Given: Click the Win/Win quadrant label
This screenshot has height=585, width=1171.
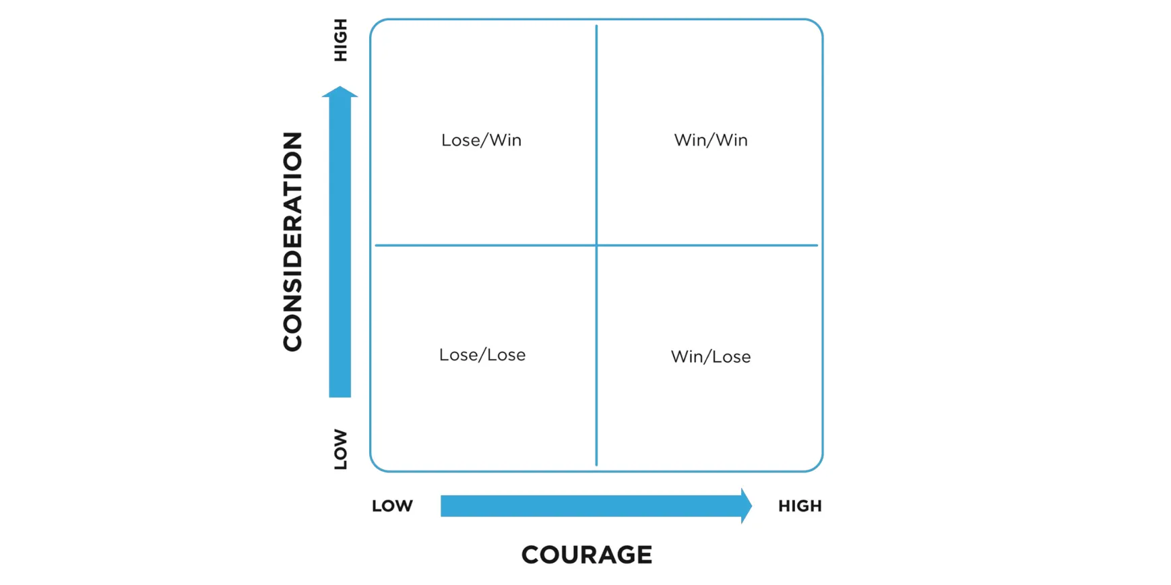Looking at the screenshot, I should click(x=711, y=140).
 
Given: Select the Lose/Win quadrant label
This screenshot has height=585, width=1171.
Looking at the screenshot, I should click(x=481, y=140).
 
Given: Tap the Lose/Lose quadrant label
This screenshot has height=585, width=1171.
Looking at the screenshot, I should click(x=482, y=355).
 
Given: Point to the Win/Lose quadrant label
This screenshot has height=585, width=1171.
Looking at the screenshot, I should click(x=711, y=357).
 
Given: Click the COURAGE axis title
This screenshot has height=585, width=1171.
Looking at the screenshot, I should click(x=586, y=555).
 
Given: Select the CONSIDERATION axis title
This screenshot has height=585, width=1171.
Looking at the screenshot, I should click(x=292, y=241).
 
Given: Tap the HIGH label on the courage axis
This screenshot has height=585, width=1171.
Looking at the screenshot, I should click(x=800, y=506).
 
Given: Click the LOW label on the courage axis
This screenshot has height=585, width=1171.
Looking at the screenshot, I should click(x=392, y=506).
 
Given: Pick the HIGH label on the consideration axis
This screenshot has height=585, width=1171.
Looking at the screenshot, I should click(x=341, y=40).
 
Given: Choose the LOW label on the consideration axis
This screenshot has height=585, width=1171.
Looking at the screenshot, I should click(x=341, y=450).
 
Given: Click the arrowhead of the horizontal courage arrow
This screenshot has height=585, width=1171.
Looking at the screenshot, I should click(x=746, y=506).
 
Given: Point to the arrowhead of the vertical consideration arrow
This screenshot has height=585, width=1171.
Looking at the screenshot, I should click(x=340, y=92).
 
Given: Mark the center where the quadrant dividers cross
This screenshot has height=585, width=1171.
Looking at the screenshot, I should click(x=596, y=245).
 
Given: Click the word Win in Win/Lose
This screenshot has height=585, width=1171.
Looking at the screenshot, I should click(x=687, y=357).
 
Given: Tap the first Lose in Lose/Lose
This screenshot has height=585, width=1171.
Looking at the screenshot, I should click(x=458, y=355).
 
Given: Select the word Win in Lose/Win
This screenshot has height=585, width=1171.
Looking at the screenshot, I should click(x=505, y=140).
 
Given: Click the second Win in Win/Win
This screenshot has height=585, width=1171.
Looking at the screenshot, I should click(x=732, y=140).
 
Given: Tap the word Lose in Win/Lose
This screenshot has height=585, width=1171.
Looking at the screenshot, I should click(x=732, y=357).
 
